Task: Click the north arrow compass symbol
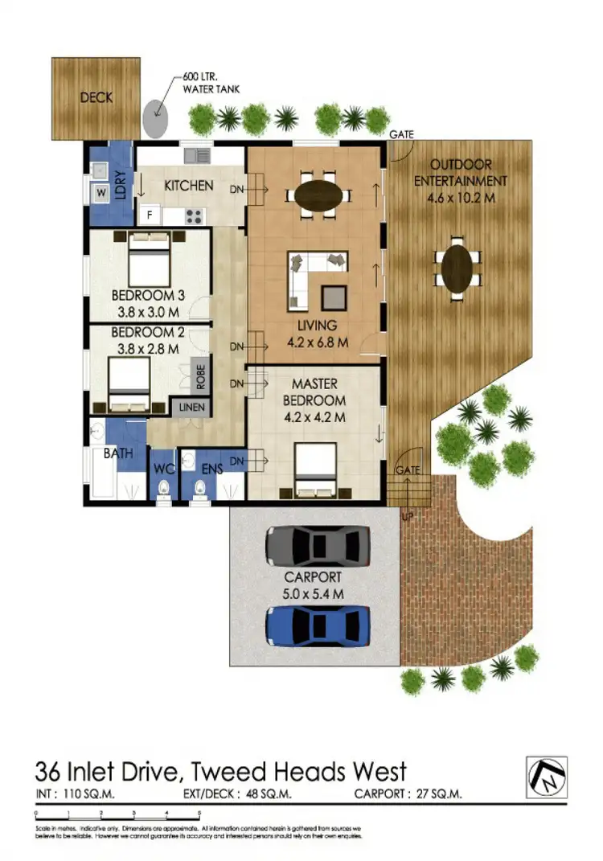tap(547, 777)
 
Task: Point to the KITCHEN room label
tap(189, 186)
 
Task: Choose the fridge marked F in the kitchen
tap(149, 215)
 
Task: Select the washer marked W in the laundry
tap(102, 193)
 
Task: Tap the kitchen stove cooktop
tap(194, 215)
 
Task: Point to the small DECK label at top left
tap(96, 98)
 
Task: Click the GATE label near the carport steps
tap(407, 469)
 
